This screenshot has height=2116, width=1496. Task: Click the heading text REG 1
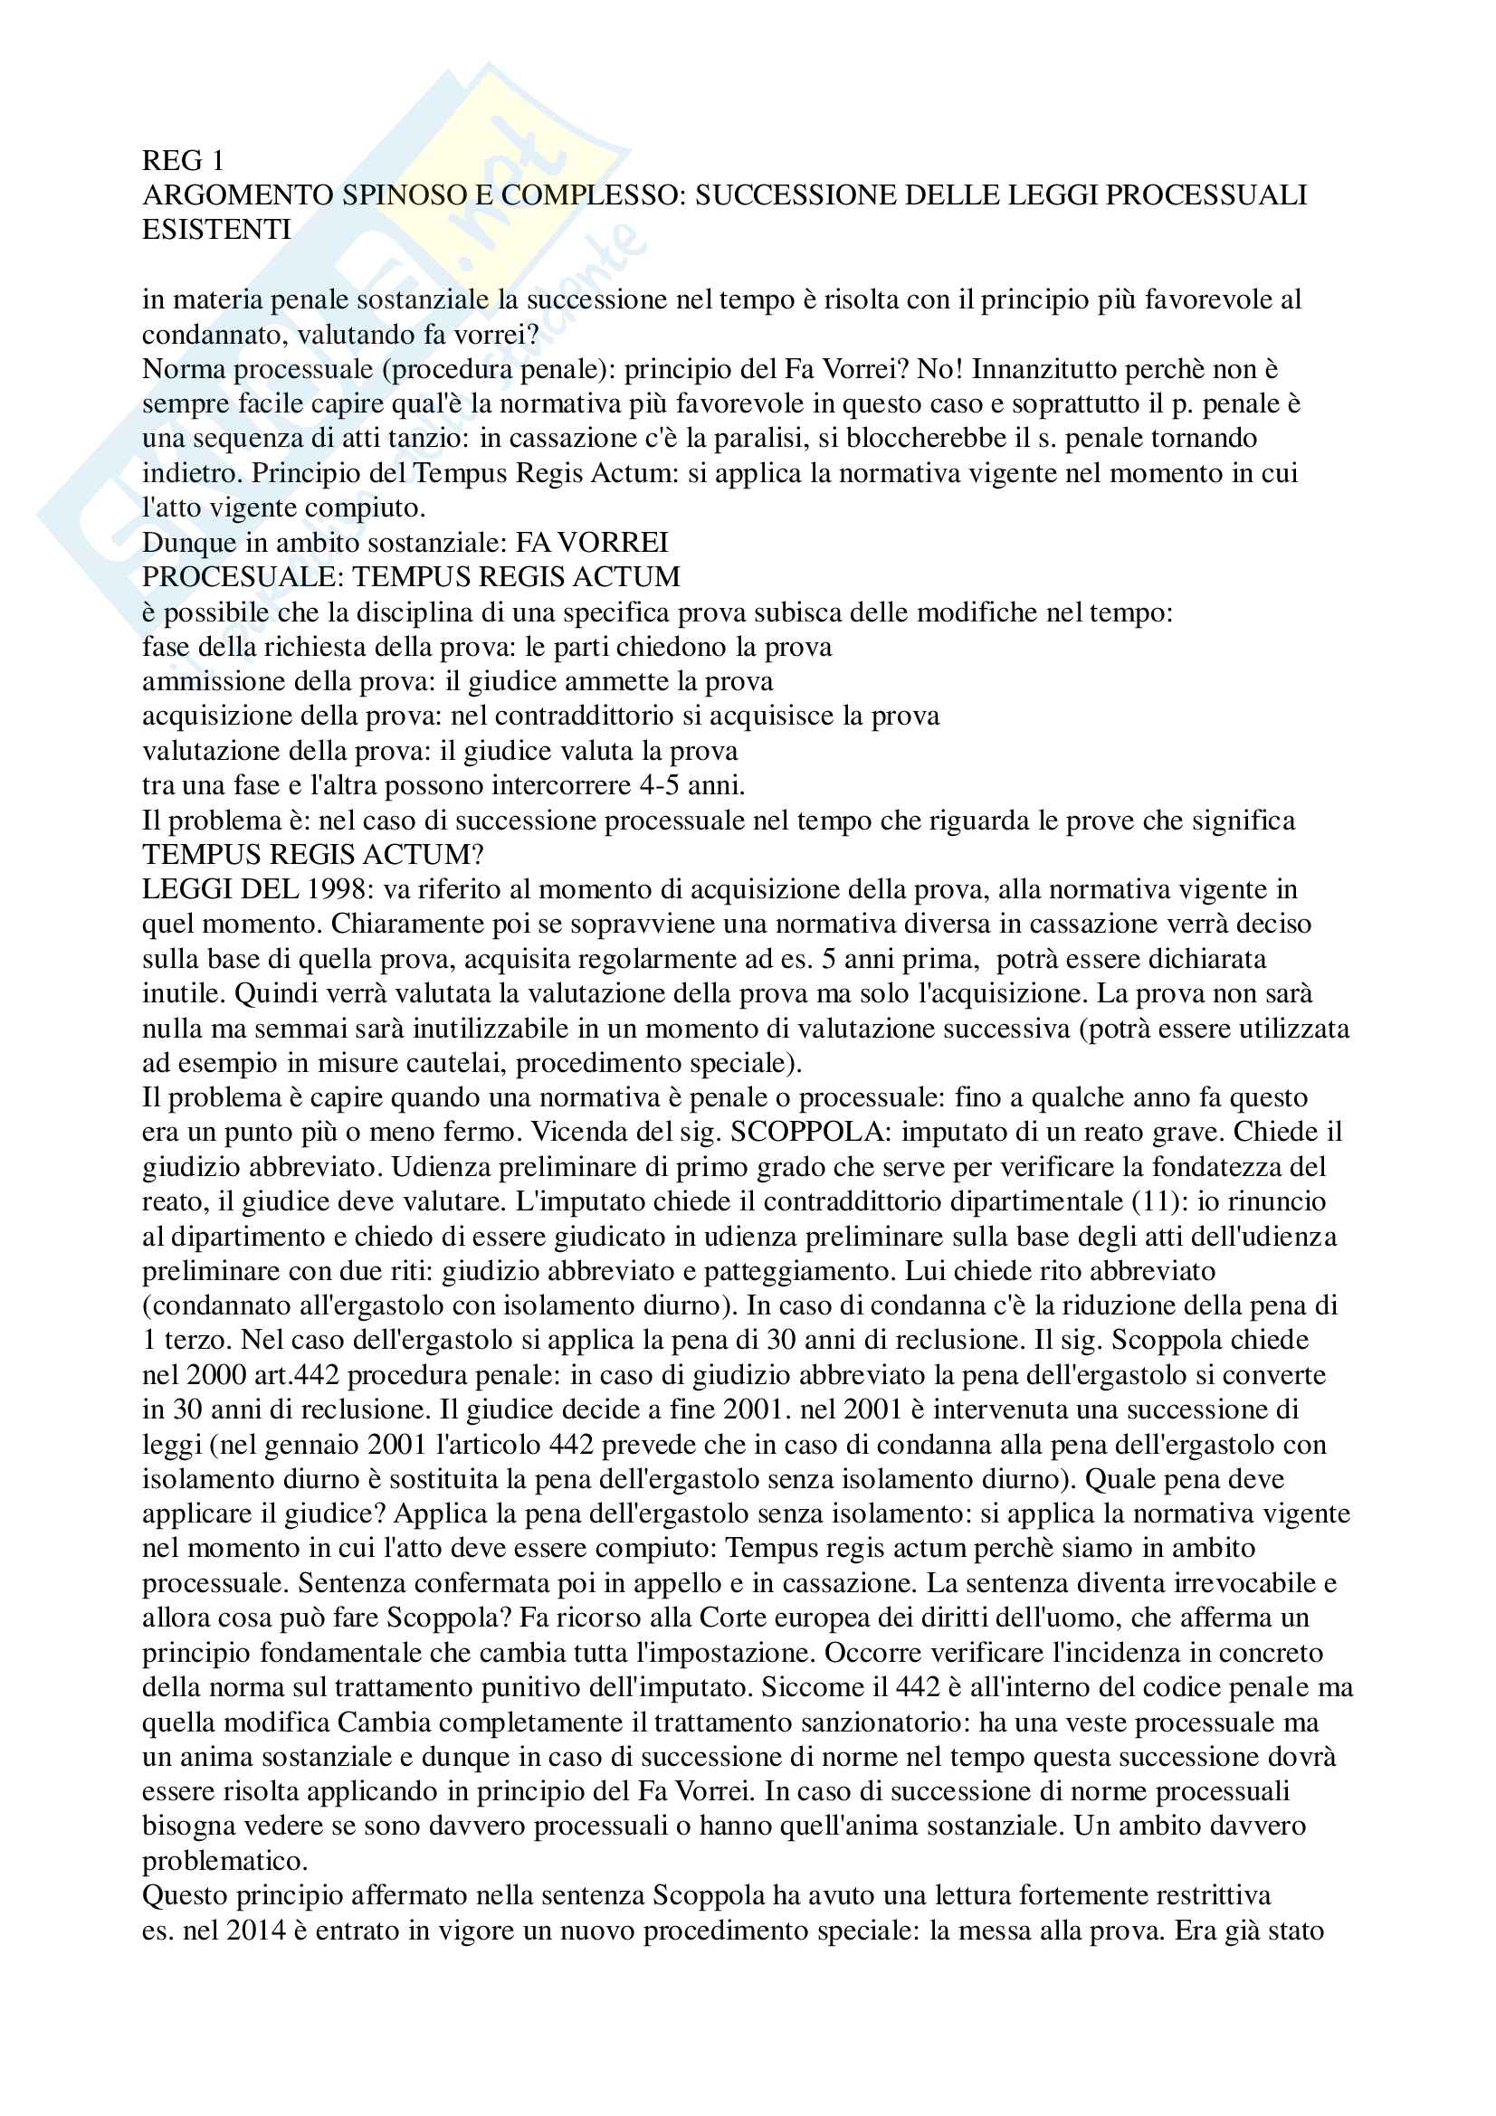pyautogui.click(x=183, y=160)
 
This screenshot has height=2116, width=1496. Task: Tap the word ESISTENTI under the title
pyautogui.click(x=215, y=230)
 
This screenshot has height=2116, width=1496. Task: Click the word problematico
pyautogui.click(x=224, y=1861)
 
